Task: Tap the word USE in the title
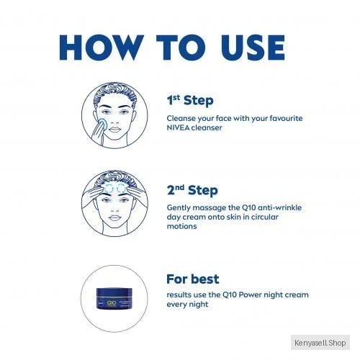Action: point(253,48)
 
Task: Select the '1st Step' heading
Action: point(190,101)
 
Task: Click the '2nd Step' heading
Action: point(192,190)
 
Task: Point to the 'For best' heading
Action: point(193,279)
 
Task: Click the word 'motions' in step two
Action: point(181,226)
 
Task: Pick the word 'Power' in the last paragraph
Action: point(251,294)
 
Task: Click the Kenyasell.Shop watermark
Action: point(320,343)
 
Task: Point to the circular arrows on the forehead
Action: point(114,189)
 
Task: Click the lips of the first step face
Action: point(114,130)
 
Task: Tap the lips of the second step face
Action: point(114,218)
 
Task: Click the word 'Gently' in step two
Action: point(179,208)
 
